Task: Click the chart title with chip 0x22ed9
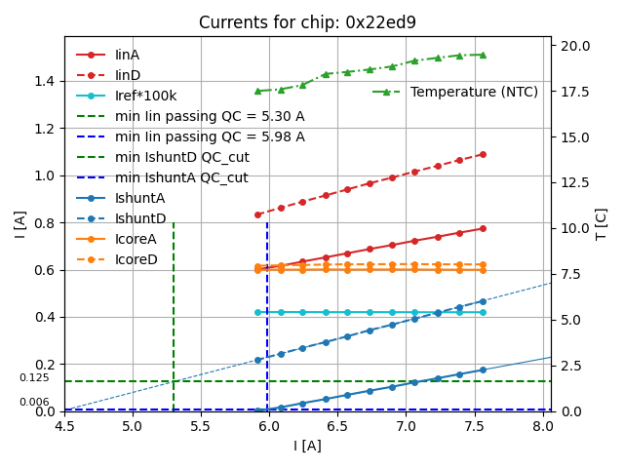pos(307,22)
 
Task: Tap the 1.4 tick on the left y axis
pos(46,81)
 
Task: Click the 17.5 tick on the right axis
pos(573,92)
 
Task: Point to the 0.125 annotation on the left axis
pos(34,378)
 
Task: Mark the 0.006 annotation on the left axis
pos(34,403)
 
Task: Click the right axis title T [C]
pos(602,224)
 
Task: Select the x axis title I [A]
pos(307,446)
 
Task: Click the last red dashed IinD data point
pos(483,154)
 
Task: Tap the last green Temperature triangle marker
pos(483,55)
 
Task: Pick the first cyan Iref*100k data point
pos(258,312)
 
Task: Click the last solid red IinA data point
pos(483,228)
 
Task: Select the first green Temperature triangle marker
pos(258,91)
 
